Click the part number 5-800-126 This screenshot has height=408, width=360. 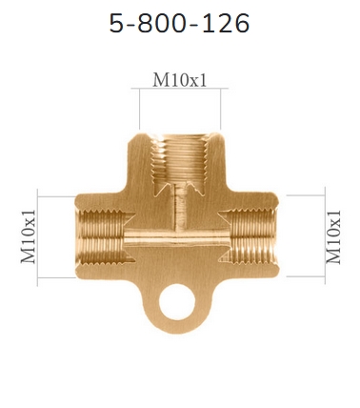click(179, 23)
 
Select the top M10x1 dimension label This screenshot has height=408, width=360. click(180, 80)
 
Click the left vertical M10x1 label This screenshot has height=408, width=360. click(29, 236)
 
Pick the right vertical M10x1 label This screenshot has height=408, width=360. click(333, 236)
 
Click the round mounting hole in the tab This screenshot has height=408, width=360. click(177, 302)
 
